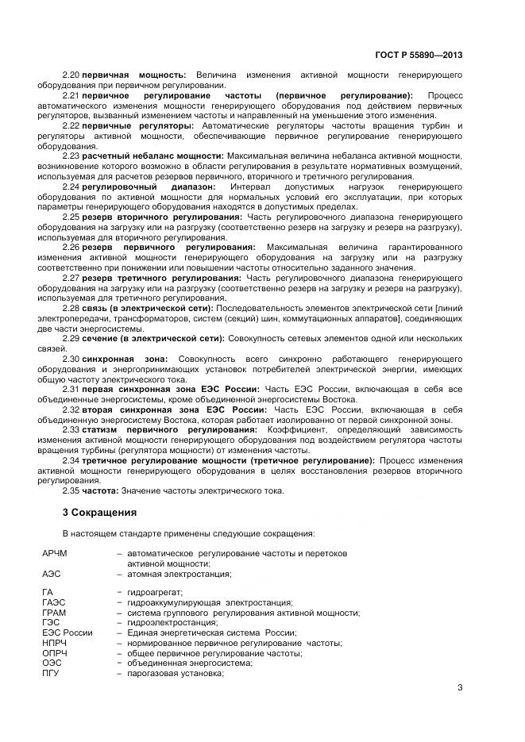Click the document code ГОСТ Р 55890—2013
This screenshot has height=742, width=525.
coord(418,55)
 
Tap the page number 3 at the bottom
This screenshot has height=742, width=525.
coord(460,688)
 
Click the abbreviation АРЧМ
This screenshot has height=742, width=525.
coord(56,552)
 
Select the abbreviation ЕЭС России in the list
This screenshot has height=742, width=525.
coord(68,632)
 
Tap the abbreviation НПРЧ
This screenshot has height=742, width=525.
coord(55,643)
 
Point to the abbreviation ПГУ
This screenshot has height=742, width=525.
coord(51,673)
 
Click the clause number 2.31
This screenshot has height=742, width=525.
coord(71,390)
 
